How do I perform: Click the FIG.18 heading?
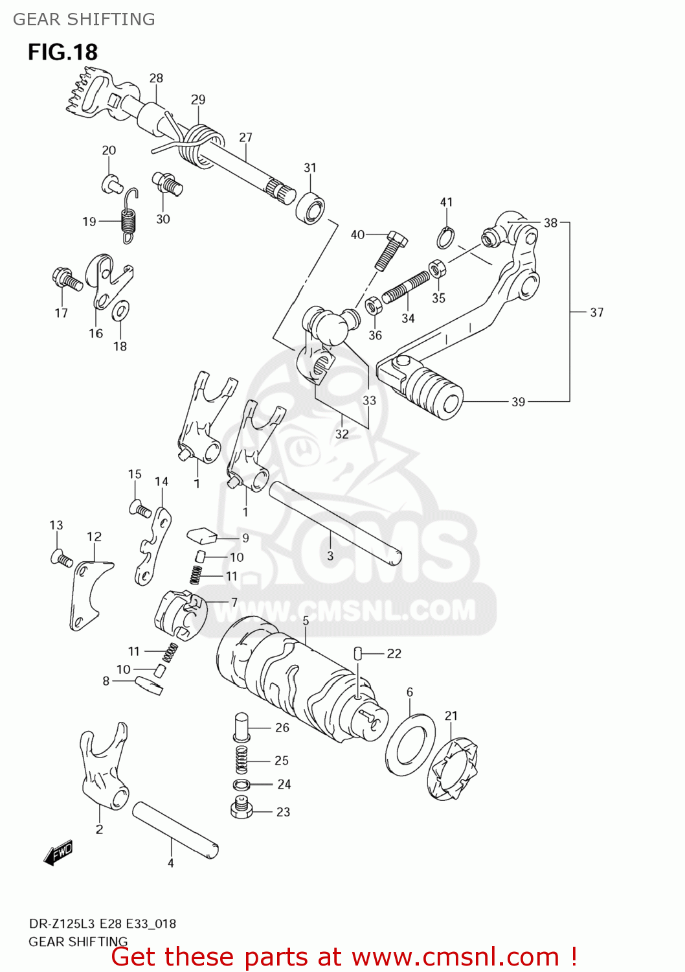[x=62, y=52]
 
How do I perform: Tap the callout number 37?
[x=596, y=312]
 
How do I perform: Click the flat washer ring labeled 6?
[x=410, y=744]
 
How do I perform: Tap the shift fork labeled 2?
[x=104, y=765]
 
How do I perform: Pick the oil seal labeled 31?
[x=311, y=207]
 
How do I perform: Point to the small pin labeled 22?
[x=357, y=653]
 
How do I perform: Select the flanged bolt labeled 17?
[x=66, y=279]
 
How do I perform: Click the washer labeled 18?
[x=120, y=311]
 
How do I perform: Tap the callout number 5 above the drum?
[x=306, y=621]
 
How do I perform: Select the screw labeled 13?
[x=61, y=558]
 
